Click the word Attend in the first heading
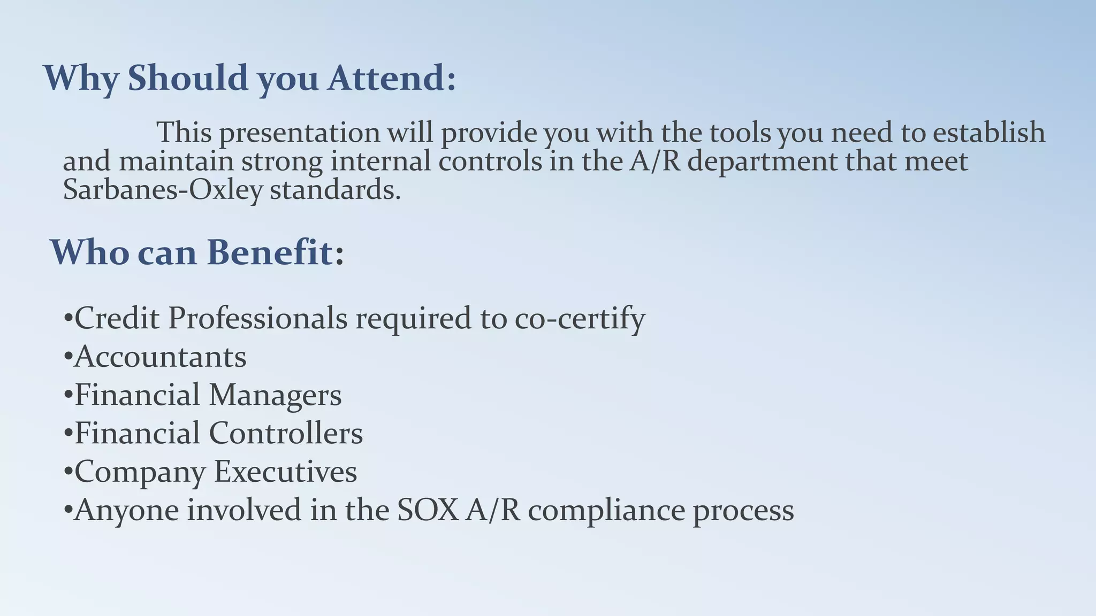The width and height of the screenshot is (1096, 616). click(x=392, y=78)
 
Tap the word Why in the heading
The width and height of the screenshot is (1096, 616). click(x=80, y=78)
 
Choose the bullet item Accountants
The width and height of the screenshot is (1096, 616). click(x=160, y=357)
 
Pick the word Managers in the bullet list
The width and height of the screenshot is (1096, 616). click(x=275, y=396)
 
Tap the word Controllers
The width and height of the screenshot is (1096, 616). click(x=286, y=433)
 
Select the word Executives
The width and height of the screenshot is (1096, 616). click(x=285, y=472)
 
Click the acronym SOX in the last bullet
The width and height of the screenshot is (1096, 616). click(x=428, y=510)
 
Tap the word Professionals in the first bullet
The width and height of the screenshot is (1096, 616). click(x=258, y=318)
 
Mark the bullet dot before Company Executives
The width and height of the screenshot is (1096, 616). click(x=67, y=472)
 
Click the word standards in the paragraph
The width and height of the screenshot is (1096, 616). click(x=335, y=190)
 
